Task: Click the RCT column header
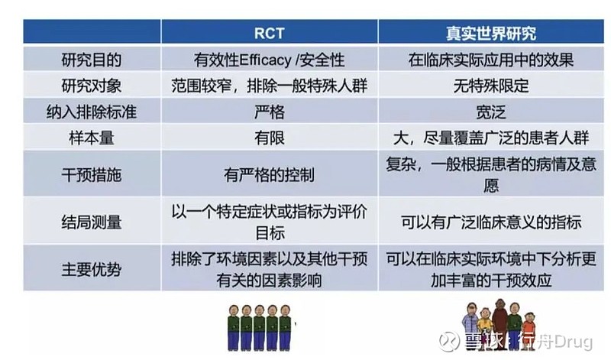pyautogui.click(x=270, y=33)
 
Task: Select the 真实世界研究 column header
pyautogui.click(x=491, y=33)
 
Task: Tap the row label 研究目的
pyautogui.click(x=92, y=60)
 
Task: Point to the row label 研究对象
pyautogui.click(x=92, y=86)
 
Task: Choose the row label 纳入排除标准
pyautogui.click(x=92, y=112)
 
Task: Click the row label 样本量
pyautogui.click(x=92, y=138)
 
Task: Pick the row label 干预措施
pyautogui.click(x=92, y=174)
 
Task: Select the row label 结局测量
pyautogui.click(x=92, y=222)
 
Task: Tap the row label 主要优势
pyautogui.click(x=92, y=269)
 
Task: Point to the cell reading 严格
pyautogui.click(x=270, y=112)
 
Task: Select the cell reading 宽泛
pyautogui.click(x=491, y=112)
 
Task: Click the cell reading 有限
pyautogui.click(x=270, y=138)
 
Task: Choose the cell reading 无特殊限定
pyautogui.click(x=491, y=86)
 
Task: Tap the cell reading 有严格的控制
pyautogui.click(x=270, y=174)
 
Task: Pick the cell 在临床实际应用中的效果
pyautogui.click(x=491, y=60)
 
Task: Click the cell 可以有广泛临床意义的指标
pyautogui.click(x=491, y=222)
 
